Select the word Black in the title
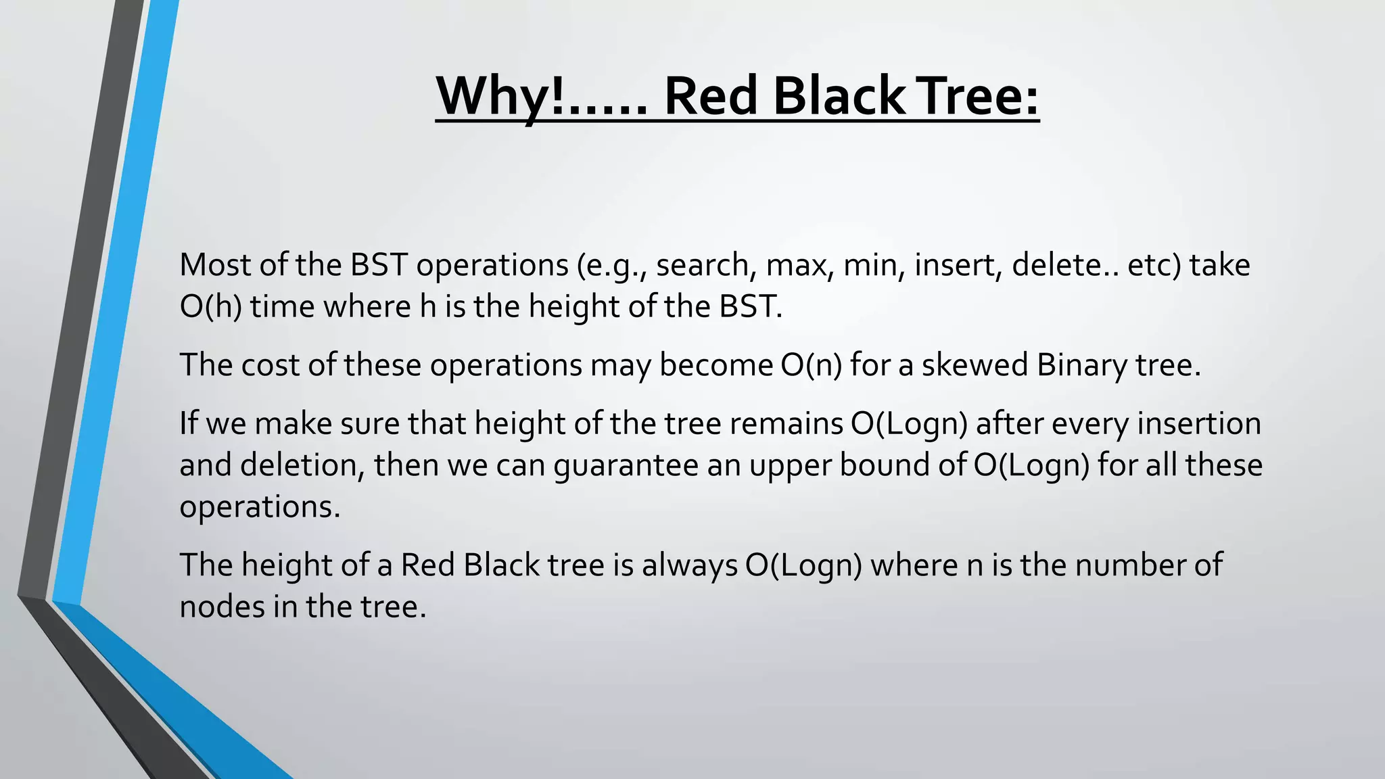pyautogui.click(x=839, y=96)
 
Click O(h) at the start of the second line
pyautogui.click(x=210, y=307)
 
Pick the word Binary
pyautogui.click(x=1082, y=365)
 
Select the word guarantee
pyautogui.click(x=626, y=466)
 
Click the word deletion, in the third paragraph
pyautogui.click(x=302, y=466)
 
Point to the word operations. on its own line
pyautogui.click(x=260, y=507)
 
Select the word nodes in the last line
pyautogui.click(x=222, y=607)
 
